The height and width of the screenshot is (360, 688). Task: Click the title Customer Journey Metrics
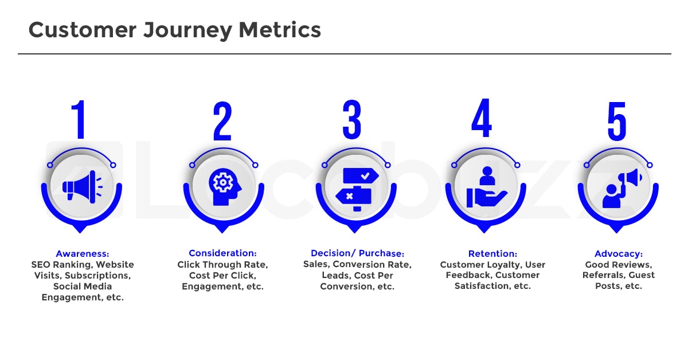pos(175,30)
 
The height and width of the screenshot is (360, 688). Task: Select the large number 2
pos(222,120)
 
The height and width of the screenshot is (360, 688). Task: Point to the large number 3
pos(352,120)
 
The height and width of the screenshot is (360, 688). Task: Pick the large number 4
pos(482,120)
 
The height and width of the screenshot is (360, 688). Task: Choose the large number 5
pos(617,120)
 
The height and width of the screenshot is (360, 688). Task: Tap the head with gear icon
pos(222,185)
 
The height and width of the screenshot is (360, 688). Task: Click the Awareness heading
pos(83,253)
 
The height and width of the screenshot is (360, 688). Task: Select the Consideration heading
pos(222,253)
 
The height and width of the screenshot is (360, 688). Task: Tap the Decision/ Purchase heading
pos(357,253)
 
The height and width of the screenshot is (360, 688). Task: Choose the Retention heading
pos(492,253)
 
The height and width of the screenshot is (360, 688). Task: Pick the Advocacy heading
pos(619,253)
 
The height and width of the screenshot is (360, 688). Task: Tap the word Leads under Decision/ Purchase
pos(335,275)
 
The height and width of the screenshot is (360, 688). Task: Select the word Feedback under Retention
pos(468,275)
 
